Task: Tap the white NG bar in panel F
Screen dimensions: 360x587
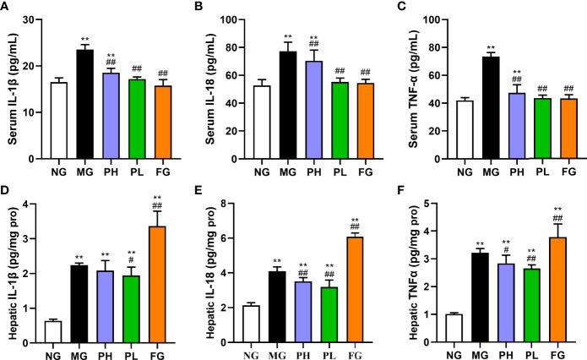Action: (451, 326)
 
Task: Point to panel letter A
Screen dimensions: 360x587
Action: (6, 8)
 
